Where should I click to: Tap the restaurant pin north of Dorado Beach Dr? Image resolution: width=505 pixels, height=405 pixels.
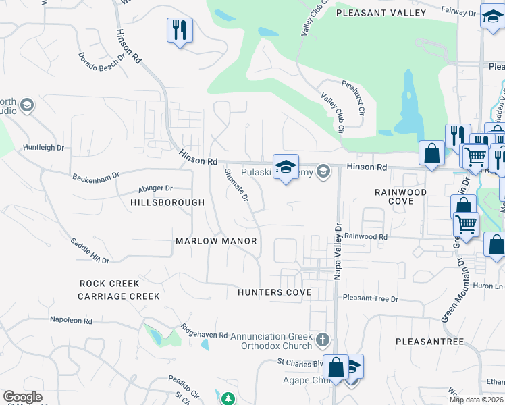pyautogui.click(x=180, y=30)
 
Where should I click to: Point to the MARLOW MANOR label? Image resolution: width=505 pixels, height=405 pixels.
pyautogui.click(x=216, y=241)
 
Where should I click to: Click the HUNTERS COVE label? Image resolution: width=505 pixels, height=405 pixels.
pyautogui.click(x=274, y=292)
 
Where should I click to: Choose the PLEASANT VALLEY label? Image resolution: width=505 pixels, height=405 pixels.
pyautogui.click(x=381, y=13)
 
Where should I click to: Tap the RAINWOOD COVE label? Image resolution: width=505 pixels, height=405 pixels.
pyautogui.click(x=401, y=196)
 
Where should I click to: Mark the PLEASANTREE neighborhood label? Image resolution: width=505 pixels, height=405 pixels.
pyautogui.click(x=430, y=342)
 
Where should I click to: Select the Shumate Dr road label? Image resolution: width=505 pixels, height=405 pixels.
pyautogui.click(x=237, y=185)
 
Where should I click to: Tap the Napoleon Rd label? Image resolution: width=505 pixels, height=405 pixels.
pyautogui.click(x=75, y=319)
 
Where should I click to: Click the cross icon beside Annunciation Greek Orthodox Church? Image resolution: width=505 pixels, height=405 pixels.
pyautogui.click(x=323, y=338)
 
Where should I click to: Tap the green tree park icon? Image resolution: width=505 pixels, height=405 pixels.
pyautogui.click(x=229, y=399)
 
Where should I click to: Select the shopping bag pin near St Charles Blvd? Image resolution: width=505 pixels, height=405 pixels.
pyautogui.click(x=335, y=367)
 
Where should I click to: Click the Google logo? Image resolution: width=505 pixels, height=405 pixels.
pyautogui.click(x=23, y=397)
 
